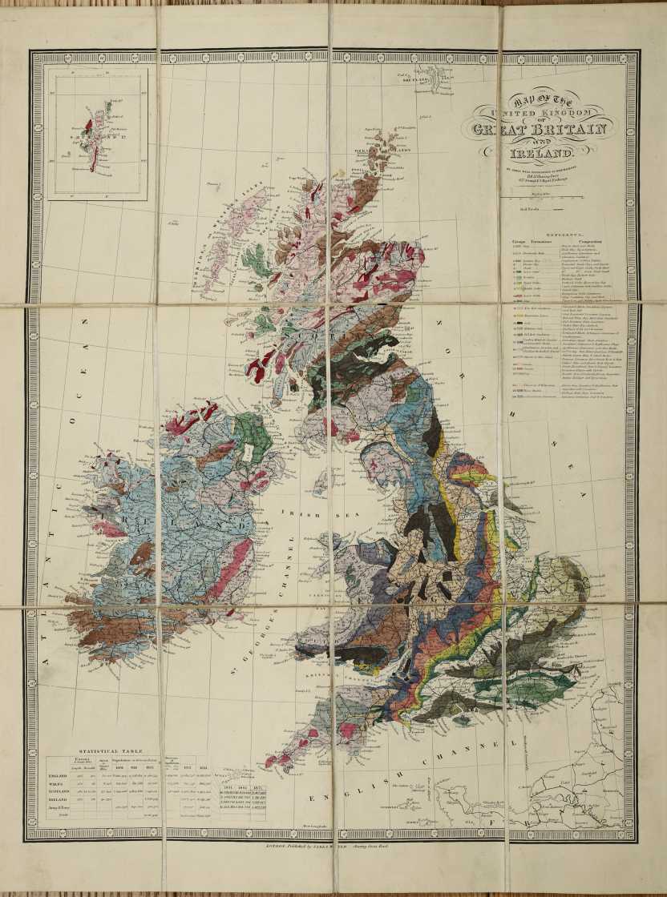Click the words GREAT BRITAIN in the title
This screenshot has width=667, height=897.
(543, 129)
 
